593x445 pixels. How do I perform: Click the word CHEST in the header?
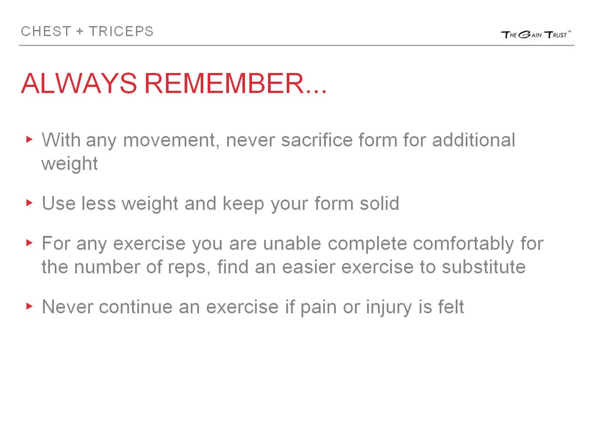coord(46,32)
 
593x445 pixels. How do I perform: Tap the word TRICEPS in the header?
coord(121,32)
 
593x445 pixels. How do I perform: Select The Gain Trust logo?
coord(536,35)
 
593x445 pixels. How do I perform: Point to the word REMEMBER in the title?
coord(224,83)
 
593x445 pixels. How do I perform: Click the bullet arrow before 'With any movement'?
coord(30,139)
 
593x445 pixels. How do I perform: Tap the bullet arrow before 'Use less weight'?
coord(30,203)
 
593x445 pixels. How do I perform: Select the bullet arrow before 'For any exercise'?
coord(30,242)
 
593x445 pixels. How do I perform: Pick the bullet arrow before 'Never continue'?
coord(30,306)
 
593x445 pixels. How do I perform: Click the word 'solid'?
coord(379,203)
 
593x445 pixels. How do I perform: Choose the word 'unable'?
coord(292,243)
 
